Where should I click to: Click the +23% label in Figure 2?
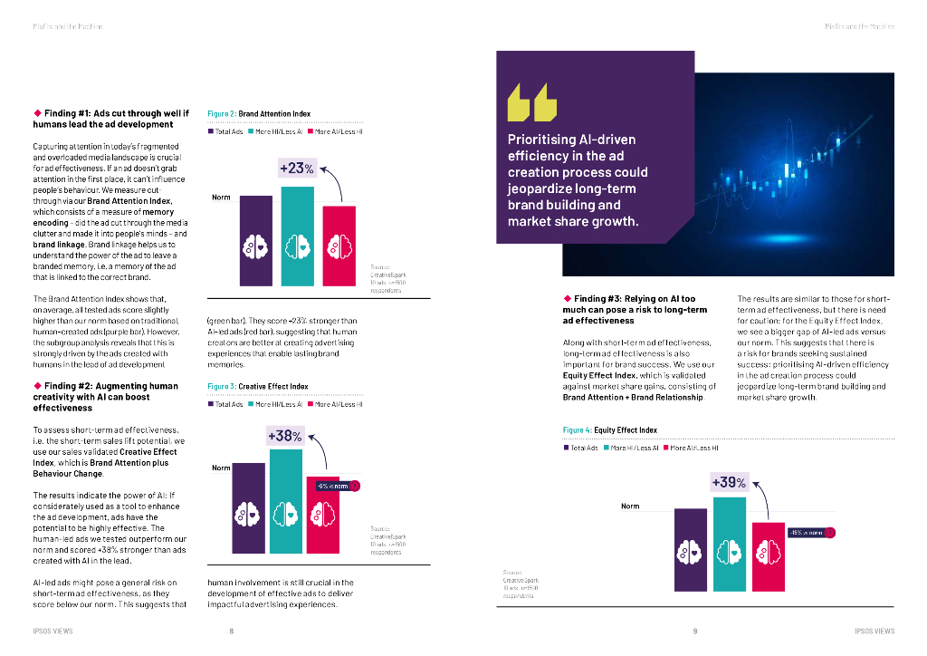click(x=296, y=169)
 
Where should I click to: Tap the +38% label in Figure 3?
click(x=284, y=436)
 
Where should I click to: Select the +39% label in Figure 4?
click(x=729, y=483)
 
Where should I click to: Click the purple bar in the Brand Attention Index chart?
click(x=255, y=240)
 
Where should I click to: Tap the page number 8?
click(x=232, y=632)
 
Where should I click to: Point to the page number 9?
click(x=695, y=632)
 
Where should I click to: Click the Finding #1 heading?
click(x=110, y=119)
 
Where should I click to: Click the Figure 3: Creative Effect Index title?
click(x=258, y=386)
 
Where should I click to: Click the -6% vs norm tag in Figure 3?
click(x=334, y=487)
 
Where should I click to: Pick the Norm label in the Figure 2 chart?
click(x=221, y=197)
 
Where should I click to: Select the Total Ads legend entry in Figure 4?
click(x=581, y=448)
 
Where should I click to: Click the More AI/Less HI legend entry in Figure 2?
click(x=336, y=132)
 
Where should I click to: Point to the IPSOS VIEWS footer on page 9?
click(x=874, y=632)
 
